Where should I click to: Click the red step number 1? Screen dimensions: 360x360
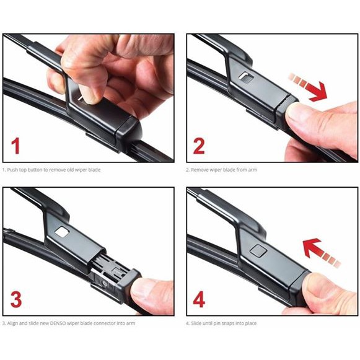coord(15,146)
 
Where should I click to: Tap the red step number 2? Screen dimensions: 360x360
coord(199,146)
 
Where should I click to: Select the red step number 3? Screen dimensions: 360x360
coord(16,300)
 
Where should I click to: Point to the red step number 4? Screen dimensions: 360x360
coord(199,300)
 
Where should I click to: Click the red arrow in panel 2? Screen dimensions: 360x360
coord(308,87)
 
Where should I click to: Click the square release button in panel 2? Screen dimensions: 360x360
coord(246,77)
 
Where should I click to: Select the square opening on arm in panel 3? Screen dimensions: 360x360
coord(62,232)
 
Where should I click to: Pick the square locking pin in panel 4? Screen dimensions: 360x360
coord(258,250)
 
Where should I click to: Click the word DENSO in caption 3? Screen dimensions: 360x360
coord(58,323)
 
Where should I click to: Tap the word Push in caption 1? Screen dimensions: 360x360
coord(12,170)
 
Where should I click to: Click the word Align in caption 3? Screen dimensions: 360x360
coord(12,323)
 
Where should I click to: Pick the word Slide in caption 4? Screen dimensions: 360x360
coord(196,323)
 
